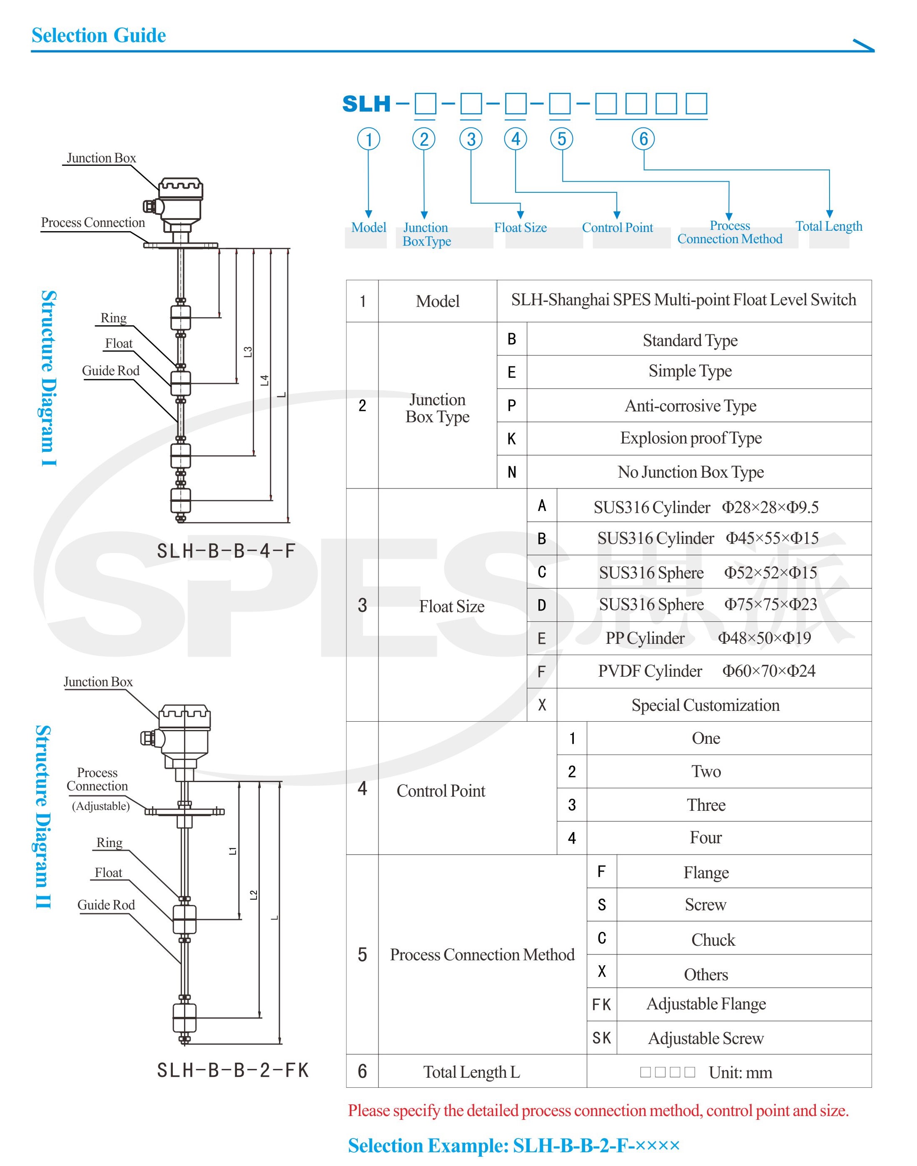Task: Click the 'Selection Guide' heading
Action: tap(99, 35)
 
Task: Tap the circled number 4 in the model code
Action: tap(516, 139)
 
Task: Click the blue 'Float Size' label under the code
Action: tap(520, 228)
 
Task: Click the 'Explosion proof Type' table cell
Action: tap(690, 438)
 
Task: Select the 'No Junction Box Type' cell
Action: tap(690, 472)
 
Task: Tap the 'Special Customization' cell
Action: tap(705, 705)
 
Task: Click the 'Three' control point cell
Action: tap(706, 805)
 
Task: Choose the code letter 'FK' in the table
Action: tap(601, 1004)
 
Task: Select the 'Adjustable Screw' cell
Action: tap(705, 1038)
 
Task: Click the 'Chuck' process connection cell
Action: tap(713, 939)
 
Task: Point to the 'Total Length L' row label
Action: tap(471, 1072)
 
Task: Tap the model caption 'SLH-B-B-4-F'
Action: tap(226, 551)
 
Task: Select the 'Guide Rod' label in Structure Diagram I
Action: tap(111, 371)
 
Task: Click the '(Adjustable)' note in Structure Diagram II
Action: tap(101, 806)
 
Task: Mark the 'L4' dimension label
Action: tap(264, 380)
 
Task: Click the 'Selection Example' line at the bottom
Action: tap(514, 1146)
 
